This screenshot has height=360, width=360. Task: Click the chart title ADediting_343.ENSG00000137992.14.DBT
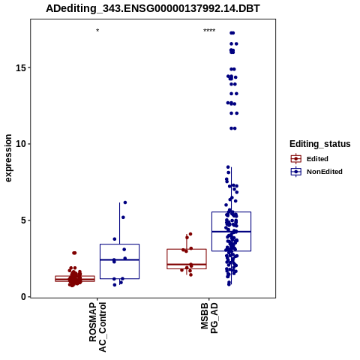[153, 9]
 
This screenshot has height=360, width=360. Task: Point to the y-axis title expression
[8, 158]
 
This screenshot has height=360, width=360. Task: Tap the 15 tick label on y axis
[21, 67]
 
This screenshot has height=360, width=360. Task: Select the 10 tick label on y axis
[21, 144]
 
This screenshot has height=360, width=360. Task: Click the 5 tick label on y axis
[23, 220]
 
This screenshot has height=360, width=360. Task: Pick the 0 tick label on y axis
[23, 297]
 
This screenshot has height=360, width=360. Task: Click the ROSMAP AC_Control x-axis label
[97, 327]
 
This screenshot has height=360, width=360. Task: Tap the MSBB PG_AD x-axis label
[209, 318]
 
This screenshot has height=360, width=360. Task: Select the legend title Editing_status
[319, 144]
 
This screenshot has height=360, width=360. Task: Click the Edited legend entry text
[317, 159]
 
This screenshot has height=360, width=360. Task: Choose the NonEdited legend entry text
[325, 172]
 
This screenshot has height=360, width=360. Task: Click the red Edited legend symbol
[296, 159]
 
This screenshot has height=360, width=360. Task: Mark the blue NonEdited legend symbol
[296, 172]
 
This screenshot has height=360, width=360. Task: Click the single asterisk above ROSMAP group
[97, 31]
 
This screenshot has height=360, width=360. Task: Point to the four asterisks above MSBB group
[209, 31]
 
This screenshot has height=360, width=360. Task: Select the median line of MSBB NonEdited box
[231, 232]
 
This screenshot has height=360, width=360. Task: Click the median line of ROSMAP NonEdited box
[119, 259]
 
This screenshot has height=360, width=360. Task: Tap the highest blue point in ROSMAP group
[125, 202]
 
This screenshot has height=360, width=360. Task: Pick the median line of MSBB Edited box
[187, 264]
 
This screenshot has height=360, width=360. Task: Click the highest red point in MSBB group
[190, 234]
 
